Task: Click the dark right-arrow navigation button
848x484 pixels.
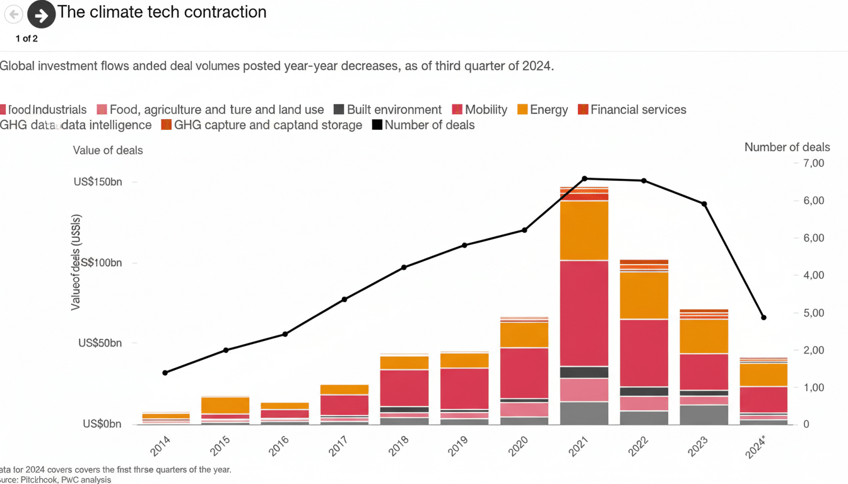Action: pos(42,14)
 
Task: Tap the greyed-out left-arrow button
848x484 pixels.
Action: pos(14,14)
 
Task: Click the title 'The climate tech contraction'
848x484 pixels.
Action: pos(162,12)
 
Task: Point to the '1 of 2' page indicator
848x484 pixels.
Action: pos(26,38)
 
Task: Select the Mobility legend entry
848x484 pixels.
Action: pos(480,110)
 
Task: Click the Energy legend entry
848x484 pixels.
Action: pos(543,110)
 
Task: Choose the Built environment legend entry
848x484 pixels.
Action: pos(387,110)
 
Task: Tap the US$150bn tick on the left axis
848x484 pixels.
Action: pos(98,182)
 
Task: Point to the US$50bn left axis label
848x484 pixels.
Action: pos(100,343)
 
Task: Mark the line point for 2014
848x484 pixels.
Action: pos(165,372)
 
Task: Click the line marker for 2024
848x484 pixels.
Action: pos(763,318)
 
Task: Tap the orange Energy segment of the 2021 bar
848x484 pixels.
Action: pos(584,230)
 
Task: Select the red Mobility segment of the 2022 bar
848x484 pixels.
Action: pos(644,353)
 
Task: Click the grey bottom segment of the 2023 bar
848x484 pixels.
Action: pos(704,415)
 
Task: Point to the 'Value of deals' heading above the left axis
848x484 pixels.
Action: pos(108,151)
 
